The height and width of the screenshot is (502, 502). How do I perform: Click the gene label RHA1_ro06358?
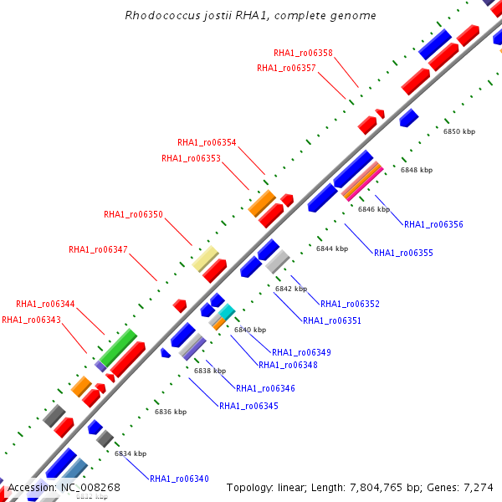pyautogui.click(x=303, y=53)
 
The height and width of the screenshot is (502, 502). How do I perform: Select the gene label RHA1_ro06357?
pyautogui.click(x=286, y=68)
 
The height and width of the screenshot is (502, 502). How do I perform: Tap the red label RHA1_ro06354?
pyautogui.click(x=207, y=142)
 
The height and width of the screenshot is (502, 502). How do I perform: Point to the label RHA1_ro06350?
pyautogui.click(x=133, y=215)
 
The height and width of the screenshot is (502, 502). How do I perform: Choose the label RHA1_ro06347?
pyautogui.click(x=98, y=249)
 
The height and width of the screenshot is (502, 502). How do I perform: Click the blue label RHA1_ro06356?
pyautogui.click(x=433, y=224)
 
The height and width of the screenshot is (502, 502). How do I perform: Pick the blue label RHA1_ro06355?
pyautogui.click(x=403, y=253)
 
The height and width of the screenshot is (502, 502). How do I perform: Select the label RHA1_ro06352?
pyautogui.click(x=350, y=304)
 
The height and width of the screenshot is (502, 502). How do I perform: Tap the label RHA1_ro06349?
pyautogui.click(x=301, y=352)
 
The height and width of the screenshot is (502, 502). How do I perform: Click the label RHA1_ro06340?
pyautogui.click(x=179, y=479)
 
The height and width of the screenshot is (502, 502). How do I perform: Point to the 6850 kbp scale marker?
pyautogui.click(x=458, y=132)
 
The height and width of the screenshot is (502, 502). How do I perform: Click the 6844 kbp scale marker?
pyautogui.click(x=331, y=248)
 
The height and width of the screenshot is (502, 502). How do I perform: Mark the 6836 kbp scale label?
pyautogui.click(x=171, y=412)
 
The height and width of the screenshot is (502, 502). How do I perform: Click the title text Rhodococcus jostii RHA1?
pyautogui.click(x=250, y=15)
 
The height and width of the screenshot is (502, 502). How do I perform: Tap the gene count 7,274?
pyautogui.click(x=479, y=487)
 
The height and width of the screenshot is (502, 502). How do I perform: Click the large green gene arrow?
pyautogui.click(x=118, y=346)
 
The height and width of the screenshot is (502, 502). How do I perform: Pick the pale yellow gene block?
pyautogui.click(x=205, y=259)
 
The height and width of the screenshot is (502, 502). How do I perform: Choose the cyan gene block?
pyautogui.click(x=226, y=312)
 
